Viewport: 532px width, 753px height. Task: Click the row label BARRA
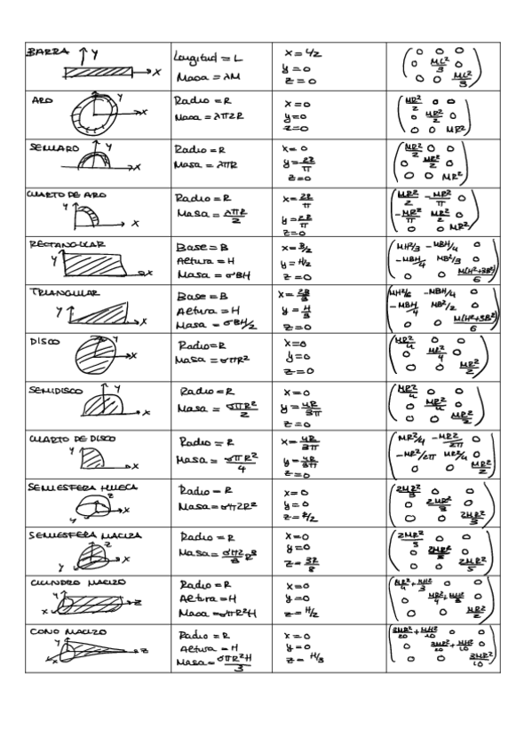[x=50, y=52]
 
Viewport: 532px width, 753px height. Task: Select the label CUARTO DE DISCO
[x=71, y=439]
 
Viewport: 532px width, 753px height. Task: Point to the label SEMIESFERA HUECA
[x=76, y=487]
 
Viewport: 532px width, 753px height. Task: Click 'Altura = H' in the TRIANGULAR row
[x=205, y=312]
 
